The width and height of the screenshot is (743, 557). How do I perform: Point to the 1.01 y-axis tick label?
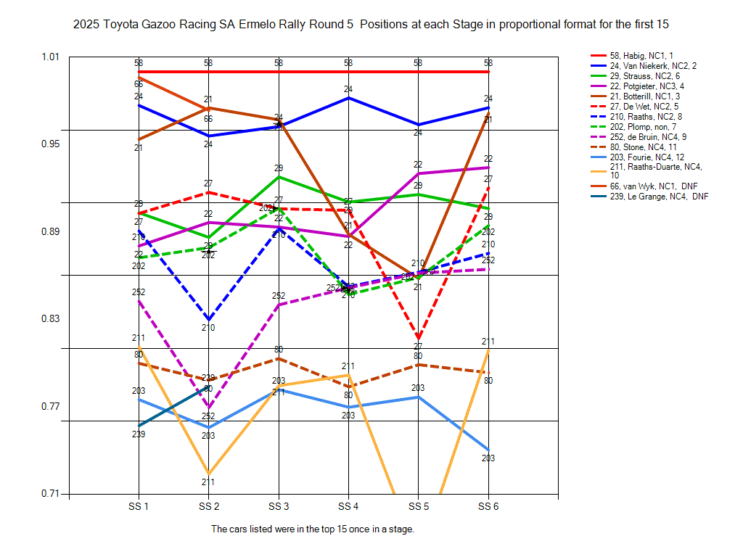click(x=53, y=57)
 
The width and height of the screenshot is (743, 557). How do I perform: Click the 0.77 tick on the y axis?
click(x=53, y=406)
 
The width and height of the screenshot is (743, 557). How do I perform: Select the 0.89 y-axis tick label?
click(x=53, y=231)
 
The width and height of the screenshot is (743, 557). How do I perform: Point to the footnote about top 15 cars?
click(x=313, y=529)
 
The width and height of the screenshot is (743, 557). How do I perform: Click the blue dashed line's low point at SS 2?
click(x=209, y=319)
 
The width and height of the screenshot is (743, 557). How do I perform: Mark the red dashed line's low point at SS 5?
click(x=419, y=338)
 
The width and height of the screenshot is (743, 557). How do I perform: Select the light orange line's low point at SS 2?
click(x=209, y=474)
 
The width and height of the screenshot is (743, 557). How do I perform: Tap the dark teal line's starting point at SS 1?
click(x=139, y=426)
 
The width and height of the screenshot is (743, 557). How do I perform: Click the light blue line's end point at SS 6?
click(x=488, y=450)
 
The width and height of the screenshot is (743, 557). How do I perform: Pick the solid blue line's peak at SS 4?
click(x=349, y=97)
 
